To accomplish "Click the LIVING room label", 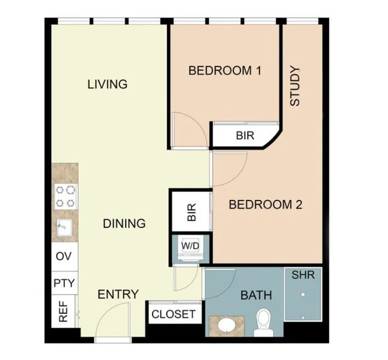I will click(x=108, y=84).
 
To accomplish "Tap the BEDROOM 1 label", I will click(x=225, y=71).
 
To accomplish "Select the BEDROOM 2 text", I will click(x=265, y=205).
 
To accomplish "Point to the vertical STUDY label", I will click(x=295, y=86).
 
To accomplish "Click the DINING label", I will click(x=124, y=224).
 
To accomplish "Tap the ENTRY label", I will click(x=118, y=295).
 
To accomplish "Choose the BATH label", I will click(x=256, y=295).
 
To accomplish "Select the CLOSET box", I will click(x=173, y=314).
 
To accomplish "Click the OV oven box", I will click(x=64, y=256).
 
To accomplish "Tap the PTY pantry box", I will click(x=64, y=283).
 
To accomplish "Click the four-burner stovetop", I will click(x=65, y=196).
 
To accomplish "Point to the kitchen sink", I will click(x=64, y=228).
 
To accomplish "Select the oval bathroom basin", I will click(x=226, y=325).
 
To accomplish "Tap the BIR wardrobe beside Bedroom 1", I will click(x=244, y=136).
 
